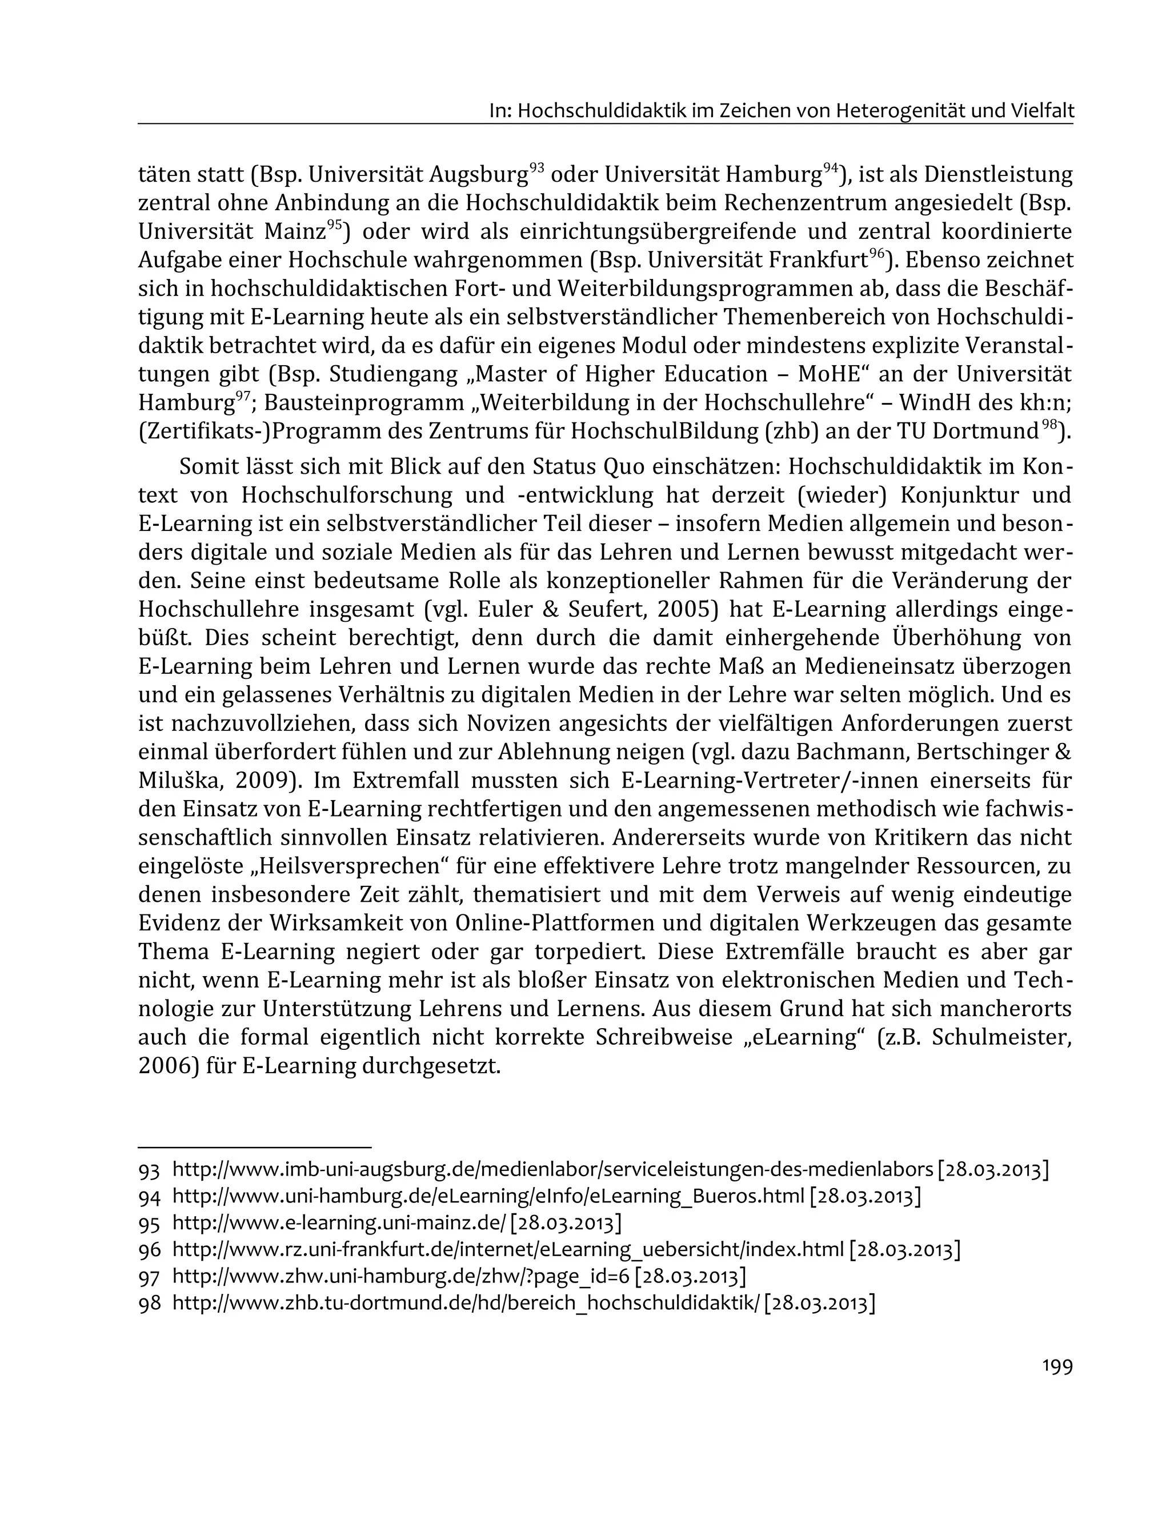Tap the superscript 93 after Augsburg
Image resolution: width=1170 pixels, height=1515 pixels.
point(536,167)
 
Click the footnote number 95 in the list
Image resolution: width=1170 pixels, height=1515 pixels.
point(150,1224)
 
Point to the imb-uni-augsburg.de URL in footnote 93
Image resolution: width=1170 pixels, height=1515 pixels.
point(552,1170)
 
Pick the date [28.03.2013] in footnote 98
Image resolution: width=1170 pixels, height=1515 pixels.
point(819,1303)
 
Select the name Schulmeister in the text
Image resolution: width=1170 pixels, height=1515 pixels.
point(1001,1037)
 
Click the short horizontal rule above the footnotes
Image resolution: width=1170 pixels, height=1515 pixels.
point(255,1148)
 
